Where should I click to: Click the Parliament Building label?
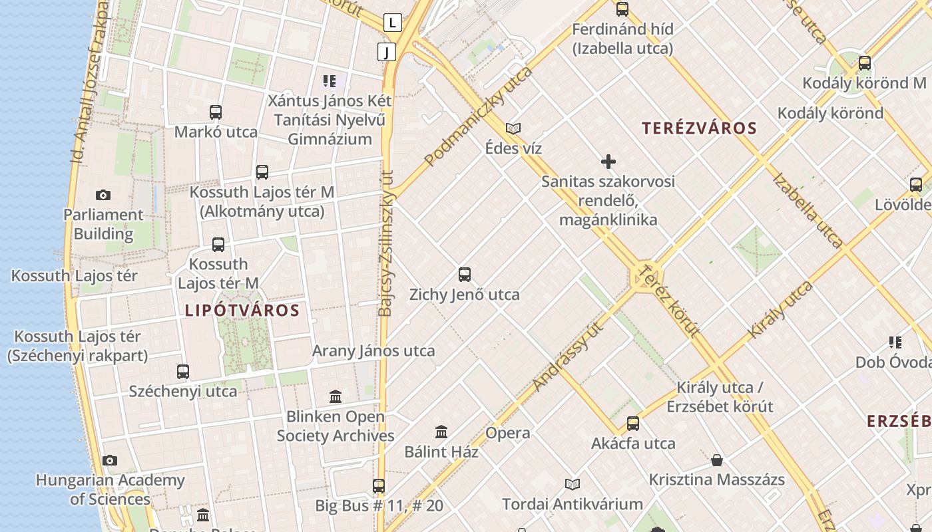coord(103,224)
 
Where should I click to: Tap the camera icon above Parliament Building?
coord(103,195)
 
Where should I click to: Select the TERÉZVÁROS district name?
coord(700,128)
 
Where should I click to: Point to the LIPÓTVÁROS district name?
coord(242,310)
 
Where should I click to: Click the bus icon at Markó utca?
coord(216,112)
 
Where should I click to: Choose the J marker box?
coord(386,51)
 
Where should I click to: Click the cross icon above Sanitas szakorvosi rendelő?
coord(608,162)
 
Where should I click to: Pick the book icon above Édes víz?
coord(513,128)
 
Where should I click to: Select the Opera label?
coord(508,433)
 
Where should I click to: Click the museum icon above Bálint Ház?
coord(441,432)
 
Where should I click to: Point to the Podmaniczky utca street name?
coord(479,116)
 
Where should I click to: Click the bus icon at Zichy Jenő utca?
coord(465,274)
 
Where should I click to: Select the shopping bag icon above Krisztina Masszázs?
coord(717,460)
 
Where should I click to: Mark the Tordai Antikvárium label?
coord(573,504)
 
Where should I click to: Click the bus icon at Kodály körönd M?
coord(865,64)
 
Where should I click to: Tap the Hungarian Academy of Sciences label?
coord(110,489)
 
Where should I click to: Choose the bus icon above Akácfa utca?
coord(633,424)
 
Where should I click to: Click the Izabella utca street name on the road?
coord(808,209)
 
